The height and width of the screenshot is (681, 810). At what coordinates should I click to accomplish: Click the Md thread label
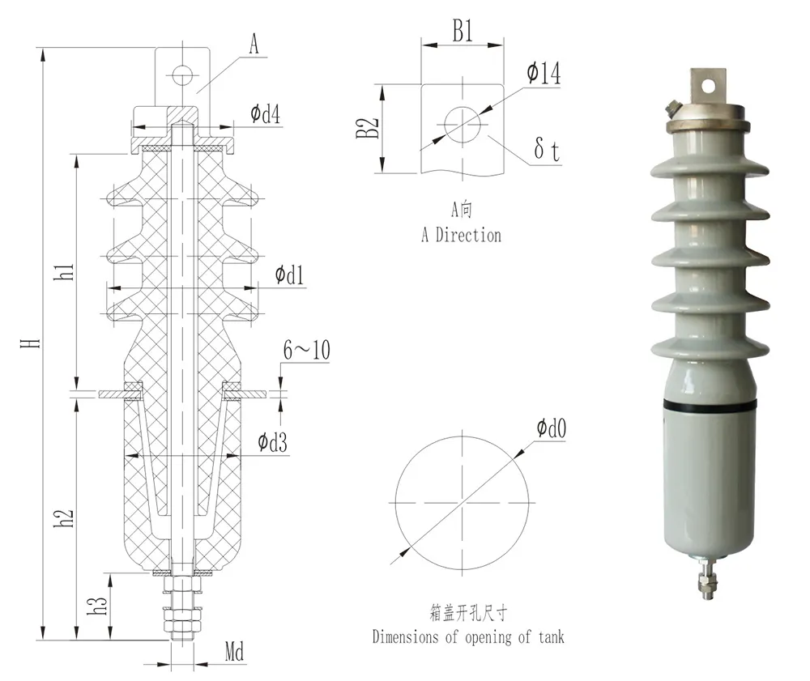click(234, 652)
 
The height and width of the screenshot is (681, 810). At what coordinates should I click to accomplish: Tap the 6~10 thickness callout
click(305, 351)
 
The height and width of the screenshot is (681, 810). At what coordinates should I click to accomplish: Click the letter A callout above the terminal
click(254, 45)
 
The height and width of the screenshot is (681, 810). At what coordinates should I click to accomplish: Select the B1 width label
click(462, 32)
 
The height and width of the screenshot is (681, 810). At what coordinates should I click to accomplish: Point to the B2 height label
click(369, 128)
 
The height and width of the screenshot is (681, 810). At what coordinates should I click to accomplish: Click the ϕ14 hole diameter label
click(543, 74)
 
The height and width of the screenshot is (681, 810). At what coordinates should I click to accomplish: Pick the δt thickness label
click(548, 151)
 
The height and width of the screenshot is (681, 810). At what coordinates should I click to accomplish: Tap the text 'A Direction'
click(461, 236)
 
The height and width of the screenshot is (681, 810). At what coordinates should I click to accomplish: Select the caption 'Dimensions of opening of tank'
click(468, 637)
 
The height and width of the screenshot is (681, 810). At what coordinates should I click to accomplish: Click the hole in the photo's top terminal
click(710, 83)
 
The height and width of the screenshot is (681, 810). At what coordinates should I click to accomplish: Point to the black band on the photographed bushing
click(709, 402)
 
